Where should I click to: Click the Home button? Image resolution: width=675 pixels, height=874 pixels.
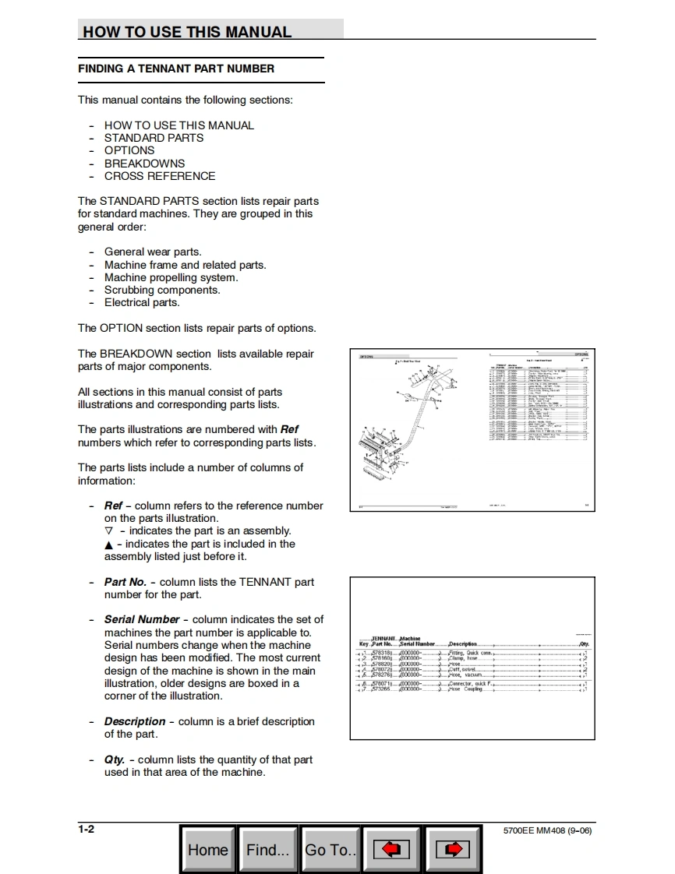[208, 849]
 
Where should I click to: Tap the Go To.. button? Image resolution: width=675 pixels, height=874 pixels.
[330, 849]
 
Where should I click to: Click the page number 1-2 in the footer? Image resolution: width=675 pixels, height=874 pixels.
[86, 829]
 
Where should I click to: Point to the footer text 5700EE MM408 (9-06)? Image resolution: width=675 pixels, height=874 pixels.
[548, 830]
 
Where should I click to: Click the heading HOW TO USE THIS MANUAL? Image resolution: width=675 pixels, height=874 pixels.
[187, 32]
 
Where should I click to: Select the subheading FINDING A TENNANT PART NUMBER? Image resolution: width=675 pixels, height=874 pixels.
[176, 69]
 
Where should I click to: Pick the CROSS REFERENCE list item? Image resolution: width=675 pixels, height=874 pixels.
[160, 176]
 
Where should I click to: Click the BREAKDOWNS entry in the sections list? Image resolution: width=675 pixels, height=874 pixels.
[144, 164]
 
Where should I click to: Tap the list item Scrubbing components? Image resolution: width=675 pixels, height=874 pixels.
[162, 290]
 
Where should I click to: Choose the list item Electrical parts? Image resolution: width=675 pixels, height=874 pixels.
[142, 302]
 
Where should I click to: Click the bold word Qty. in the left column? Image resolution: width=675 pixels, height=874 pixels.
[115, 759]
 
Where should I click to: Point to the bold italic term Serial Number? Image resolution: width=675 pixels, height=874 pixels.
[142, 619]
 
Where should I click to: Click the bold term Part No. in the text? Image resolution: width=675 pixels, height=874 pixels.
[125, 582]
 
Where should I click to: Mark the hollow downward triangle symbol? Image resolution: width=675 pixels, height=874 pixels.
[108, 531]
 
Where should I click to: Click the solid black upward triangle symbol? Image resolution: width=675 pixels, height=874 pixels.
[108, 544]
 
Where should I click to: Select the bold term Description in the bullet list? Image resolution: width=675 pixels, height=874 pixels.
[135, 721]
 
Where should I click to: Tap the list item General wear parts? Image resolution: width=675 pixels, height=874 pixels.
[153, 252]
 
